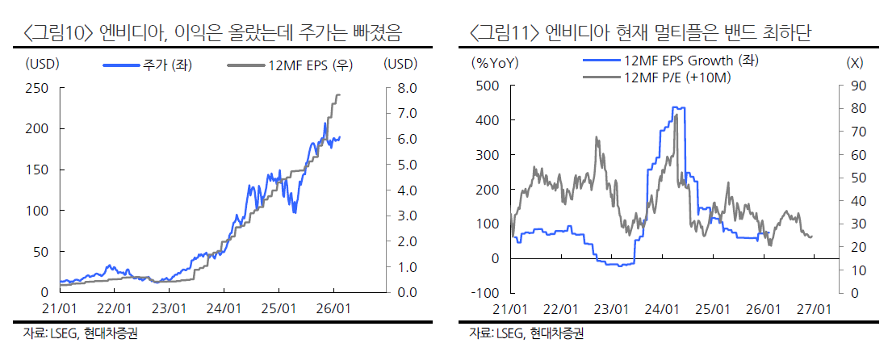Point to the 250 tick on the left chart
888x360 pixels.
point(37,87)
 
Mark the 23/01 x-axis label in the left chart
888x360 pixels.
point(169,308)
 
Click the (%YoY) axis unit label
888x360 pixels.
point(494,62)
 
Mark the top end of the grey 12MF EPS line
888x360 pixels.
point(337,94)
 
